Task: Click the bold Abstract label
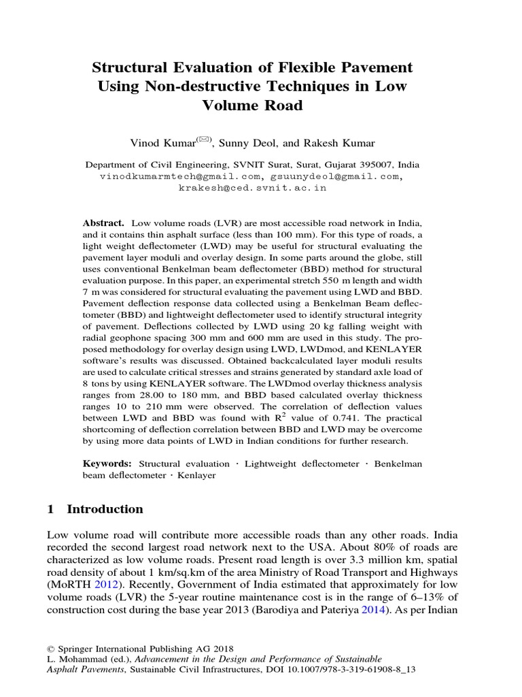pyautogui.click(x=103, y=223)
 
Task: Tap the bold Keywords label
pyautogui.click(x=107, y=464)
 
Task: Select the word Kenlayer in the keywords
pyautogui.click(x=198, y=475)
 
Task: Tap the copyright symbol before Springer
pyautogui.click(x=51, y=648)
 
